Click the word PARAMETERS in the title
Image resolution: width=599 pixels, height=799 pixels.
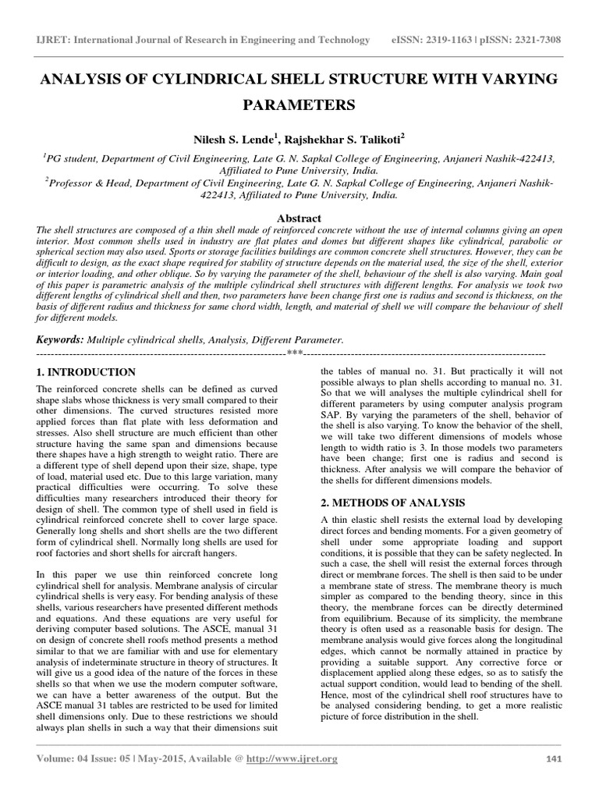pyautogui.click(x=299, y=104)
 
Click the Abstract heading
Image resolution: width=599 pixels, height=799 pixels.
pyautogui.click(x=299, y=218)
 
